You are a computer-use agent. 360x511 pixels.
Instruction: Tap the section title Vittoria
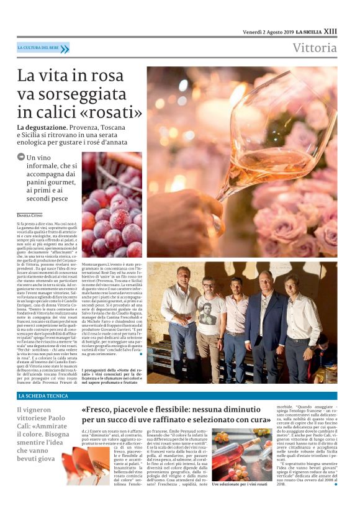coord(315,48)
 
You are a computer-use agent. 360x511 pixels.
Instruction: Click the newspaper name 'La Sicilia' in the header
coord(308,31)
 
